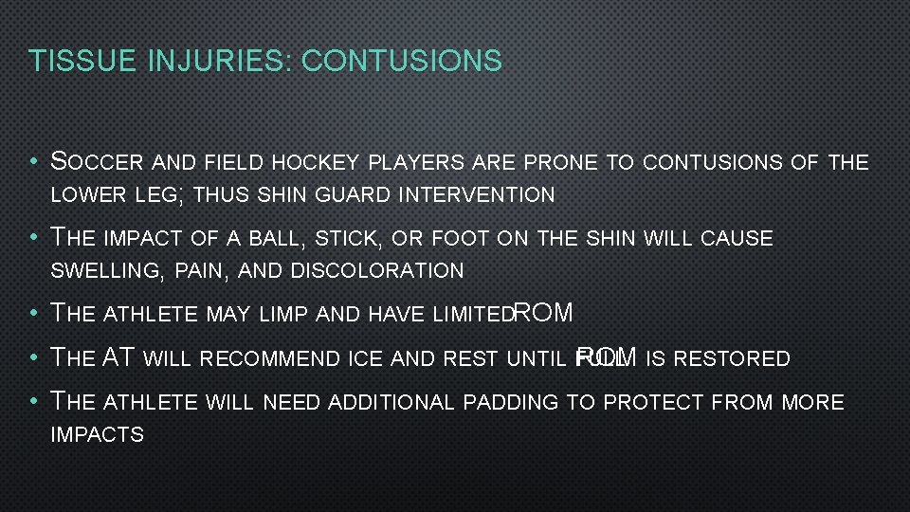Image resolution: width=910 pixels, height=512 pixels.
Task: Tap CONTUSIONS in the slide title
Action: coord(400,62)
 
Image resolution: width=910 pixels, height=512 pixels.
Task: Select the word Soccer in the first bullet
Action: coord(92,162)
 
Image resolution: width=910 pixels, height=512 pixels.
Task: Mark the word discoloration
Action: coord(377,271)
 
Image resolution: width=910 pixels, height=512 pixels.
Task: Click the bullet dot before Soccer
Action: coord(34,162)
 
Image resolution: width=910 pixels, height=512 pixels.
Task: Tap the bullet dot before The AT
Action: coord(34,358)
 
